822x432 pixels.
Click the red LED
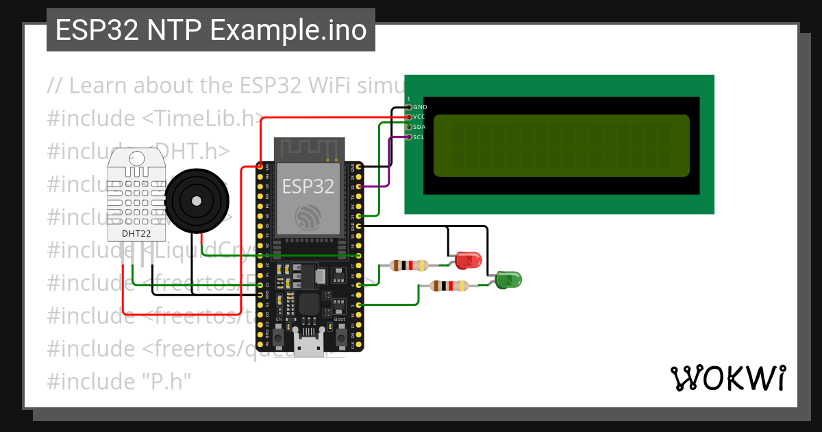coord(468,260)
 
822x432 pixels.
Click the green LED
coord(508,279)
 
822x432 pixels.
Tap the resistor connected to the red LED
coord(408,265)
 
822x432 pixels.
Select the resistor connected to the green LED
coord(449,286)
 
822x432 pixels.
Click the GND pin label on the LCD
coord(420,108)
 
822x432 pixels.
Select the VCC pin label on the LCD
coord(420,117)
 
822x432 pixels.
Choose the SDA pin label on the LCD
coord(420,127)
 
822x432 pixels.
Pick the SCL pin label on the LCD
coord(420,137)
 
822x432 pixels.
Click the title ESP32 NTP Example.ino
coord(211,31)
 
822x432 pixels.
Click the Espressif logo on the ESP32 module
coord(308,217)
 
